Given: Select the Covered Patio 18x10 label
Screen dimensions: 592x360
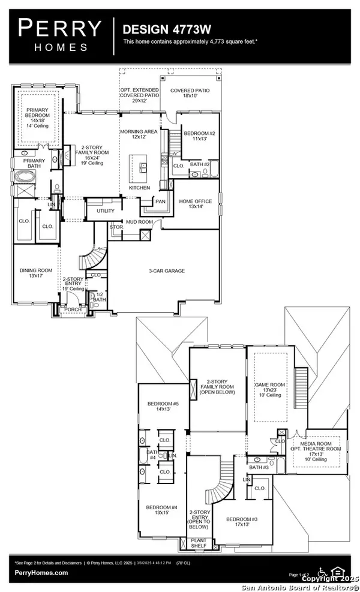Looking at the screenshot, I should [x=190, y=94].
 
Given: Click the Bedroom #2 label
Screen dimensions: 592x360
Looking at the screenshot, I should [x=197, y=136].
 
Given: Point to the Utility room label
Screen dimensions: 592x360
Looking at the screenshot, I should [x=97, y=211].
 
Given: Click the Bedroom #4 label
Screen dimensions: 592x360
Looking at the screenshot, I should [x=160, y=510].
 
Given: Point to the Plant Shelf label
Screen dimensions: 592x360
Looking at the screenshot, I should [x=199, y=545].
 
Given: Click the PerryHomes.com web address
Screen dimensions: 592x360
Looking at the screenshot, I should [x=41, y=573].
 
